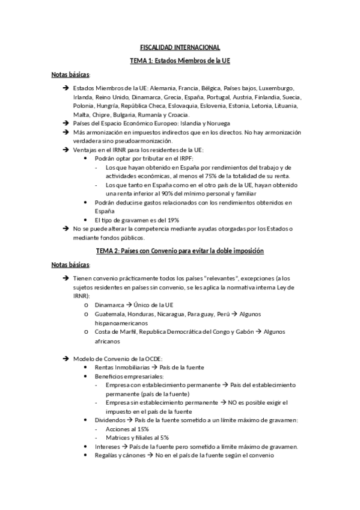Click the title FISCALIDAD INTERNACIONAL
click(x=180, y=47)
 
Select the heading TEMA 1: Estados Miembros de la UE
click(x=180, y=61)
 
